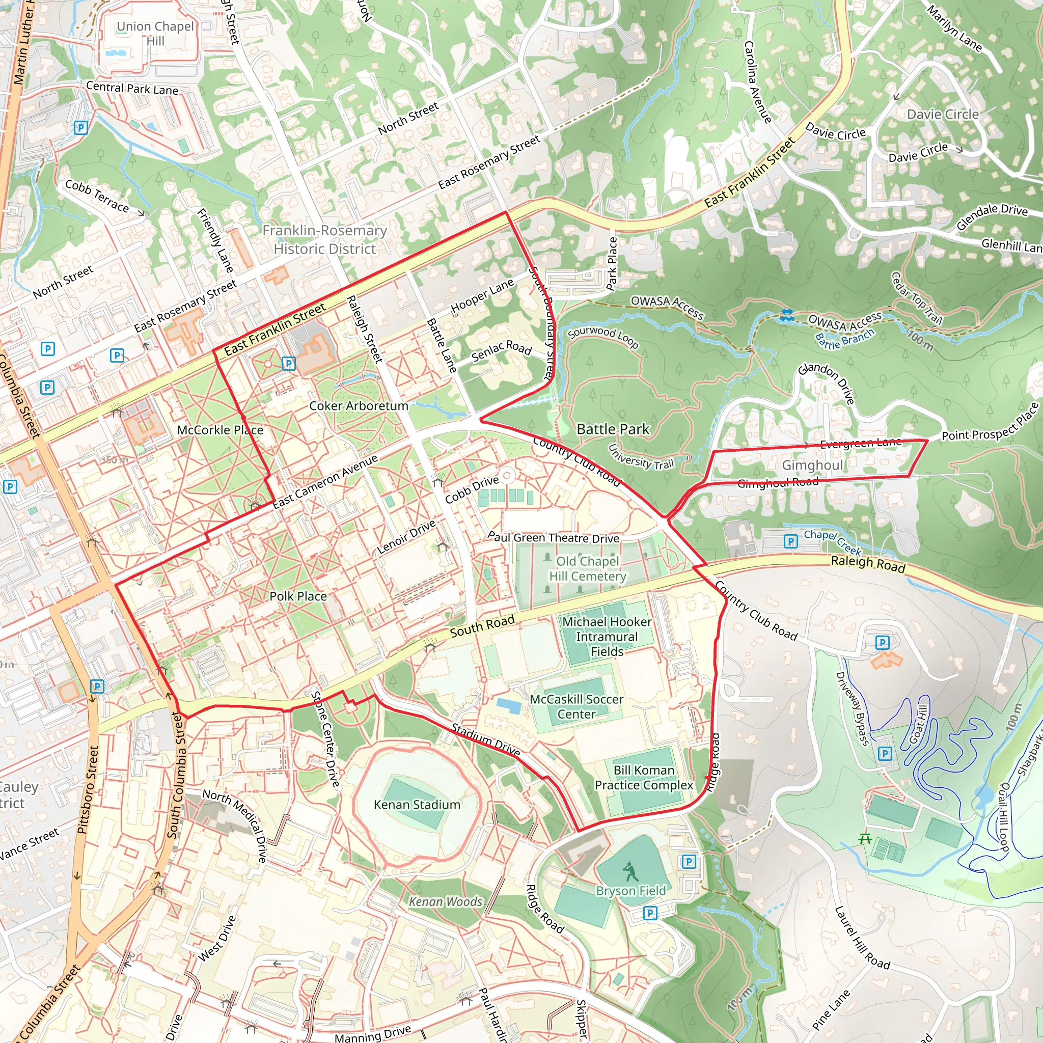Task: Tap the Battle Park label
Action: click(x=613, y=429)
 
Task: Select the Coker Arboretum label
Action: click(x=359, y=406)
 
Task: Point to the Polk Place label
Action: click(x=298, y=596)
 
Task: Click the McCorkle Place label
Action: click(x=219, y=430)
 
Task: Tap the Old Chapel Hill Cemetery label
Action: click(x=587, y=569)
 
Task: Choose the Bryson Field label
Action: click(x=630, y=891)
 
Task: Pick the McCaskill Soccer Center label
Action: click(x=576, y=707)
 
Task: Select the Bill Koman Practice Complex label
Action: click(x=644, y=777)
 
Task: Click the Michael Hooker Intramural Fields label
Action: click(x=607, y=637)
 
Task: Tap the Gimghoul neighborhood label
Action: click(x=812, y=465)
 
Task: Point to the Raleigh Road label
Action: click(x=867, y=564)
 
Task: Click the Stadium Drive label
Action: click(x=486, y=740)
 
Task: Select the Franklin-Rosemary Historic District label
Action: click(x=324, y=240)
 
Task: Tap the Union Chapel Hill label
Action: click(x=155, y=34)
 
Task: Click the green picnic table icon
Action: click(x=865, y=838)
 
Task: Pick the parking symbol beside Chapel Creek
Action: click(x=790, y=541)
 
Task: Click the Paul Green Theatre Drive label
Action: click(x=554, y=538)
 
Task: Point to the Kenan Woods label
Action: click(x=446, y=902)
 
